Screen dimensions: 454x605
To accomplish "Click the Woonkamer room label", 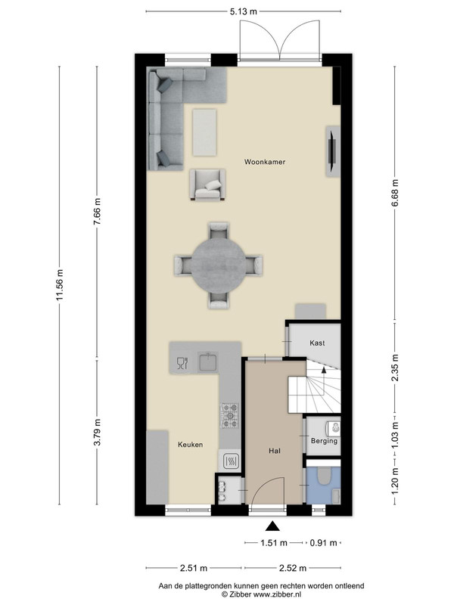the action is pyautogui.click(x=264, y=162).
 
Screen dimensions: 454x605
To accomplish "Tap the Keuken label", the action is pyautogui.click(x=191, y=445).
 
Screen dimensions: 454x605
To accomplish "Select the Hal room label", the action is pyautogui.click(x=275, y=451).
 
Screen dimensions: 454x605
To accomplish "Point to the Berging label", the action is pyautogui.click(x=324, y=441).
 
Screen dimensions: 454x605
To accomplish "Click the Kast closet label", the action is pyautogui.click(x=317, y=343).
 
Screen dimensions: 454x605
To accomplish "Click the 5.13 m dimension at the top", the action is pyautogui.click(x=243, y=11).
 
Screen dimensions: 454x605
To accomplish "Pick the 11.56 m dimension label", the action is pyautogui.click(x=60, y=285).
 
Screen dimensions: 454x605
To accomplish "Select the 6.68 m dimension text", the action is pyautogui.click(x=394, y=193).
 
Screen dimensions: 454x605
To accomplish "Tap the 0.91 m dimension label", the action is pyautogui.click(x=324, y=543).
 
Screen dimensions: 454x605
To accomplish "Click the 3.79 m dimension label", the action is pyautogui.click(x=98, y=432).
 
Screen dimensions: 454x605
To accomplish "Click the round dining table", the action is pyautogui.click(x=219, y=265).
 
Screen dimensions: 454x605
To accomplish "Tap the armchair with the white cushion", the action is pyautogui.click(x=207, y=185).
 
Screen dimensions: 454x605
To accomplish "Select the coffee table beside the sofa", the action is pyautogui.click(x=204, y=132).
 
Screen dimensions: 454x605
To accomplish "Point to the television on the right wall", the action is pyautogui.click(x=332, y=151).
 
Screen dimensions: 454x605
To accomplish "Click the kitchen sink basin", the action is pyautogui.click(x=207, y=362).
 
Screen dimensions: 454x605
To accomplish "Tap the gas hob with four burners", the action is pyautogui.click(x=230, y=415).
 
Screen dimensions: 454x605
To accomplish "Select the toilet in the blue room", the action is pyautogui.click(x=323, y=476).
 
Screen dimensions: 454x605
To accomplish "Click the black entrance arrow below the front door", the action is pyautogui.click(x=272, y=526).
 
